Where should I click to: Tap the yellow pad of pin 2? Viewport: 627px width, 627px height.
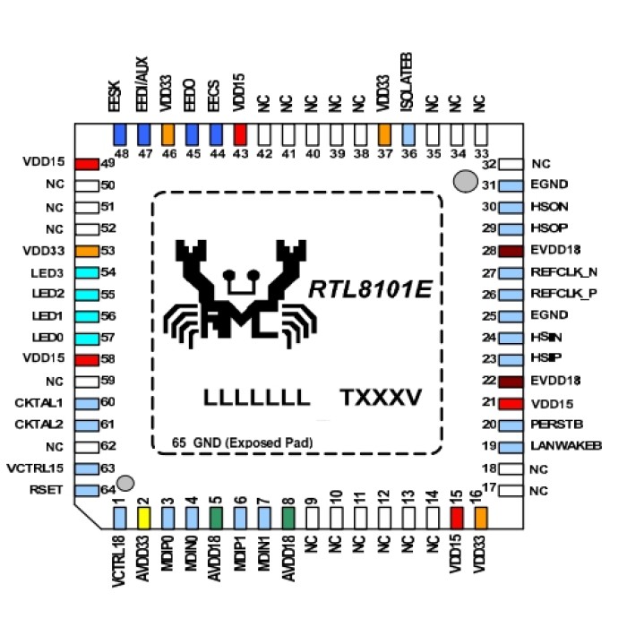[144, 517]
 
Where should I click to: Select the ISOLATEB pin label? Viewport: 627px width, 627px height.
[408, 97]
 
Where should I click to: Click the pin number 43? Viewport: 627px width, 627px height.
[240, 154]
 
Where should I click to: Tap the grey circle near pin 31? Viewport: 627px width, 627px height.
[465, 182]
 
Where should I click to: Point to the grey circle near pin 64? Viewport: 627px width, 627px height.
[126, 484]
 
